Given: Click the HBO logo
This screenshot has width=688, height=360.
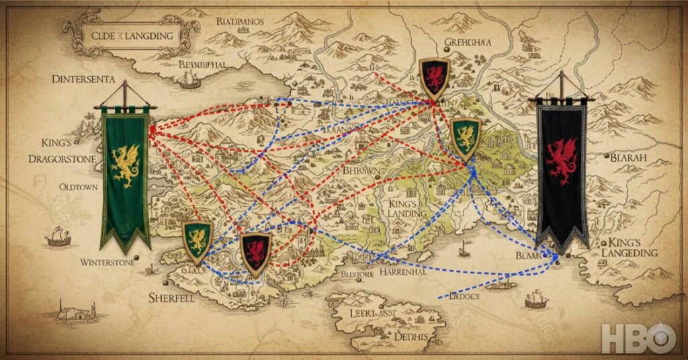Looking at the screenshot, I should [638, 338].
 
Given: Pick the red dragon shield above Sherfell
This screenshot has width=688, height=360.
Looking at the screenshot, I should [255, 253].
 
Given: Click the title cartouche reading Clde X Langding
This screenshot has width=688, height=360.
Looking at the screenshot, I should [132, 35].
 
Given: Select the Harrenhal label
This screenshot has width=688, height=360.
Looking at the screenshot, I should [404, 273].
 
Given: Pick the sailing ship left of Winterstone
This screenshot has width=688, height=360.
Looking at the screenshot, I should [58, 236].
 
